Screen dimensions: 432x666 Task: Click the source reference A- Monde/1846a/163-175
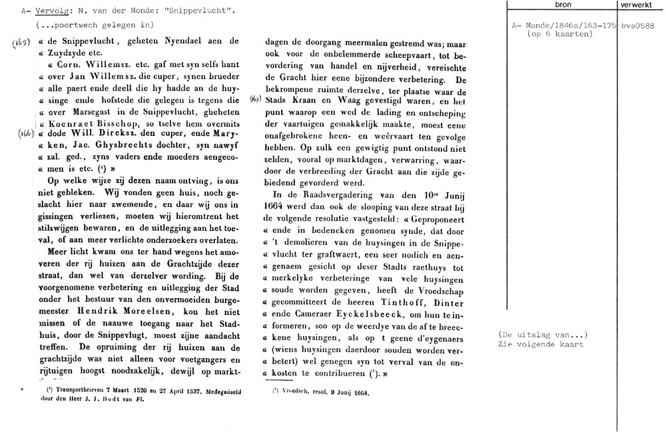click(x=563, y=25)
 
